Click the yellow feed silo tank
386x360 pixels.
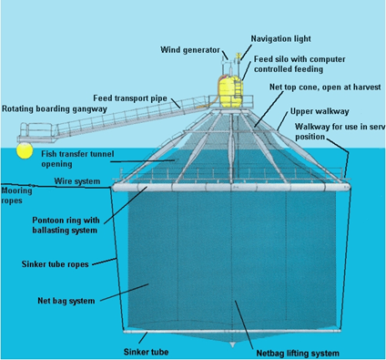click(229, 91)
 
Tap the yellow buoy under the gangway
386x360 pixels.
click(25, 150)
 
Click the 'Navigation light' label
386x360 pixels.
click(280, 39)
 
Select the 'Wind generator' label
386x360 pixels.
click(190, 50)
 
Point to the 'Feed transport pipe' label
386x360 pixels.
click(130, 98)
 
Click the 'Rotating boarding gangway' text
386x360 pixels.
click(55, 109)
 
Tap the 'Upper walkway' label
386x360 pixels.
click(320, 111)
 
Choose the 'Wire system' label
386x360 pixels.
click(77, 181)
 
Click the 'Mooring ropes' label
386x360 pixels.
click(16, 196)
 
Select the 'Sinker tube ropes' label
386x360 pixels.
click(55, 264)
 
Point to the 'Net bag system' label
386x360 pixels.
click(66, 301)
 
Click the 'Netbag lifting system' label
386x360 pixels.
click(298, 354)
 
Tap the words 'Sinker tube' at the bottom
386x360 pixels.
click(146, 352)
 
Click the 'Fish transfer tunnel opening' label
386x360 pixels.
click(77, 159)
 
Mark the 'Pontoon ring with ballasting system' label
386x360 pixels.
click(66, 225)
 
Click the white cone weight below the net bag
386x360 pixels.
click(233, 345)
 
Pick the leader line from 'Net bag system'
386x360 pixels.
click(124, 293)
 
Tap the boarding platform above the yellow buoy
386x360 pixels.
click(37, 133)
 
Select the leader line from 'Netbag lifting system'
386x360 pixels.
click(244, 324)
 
